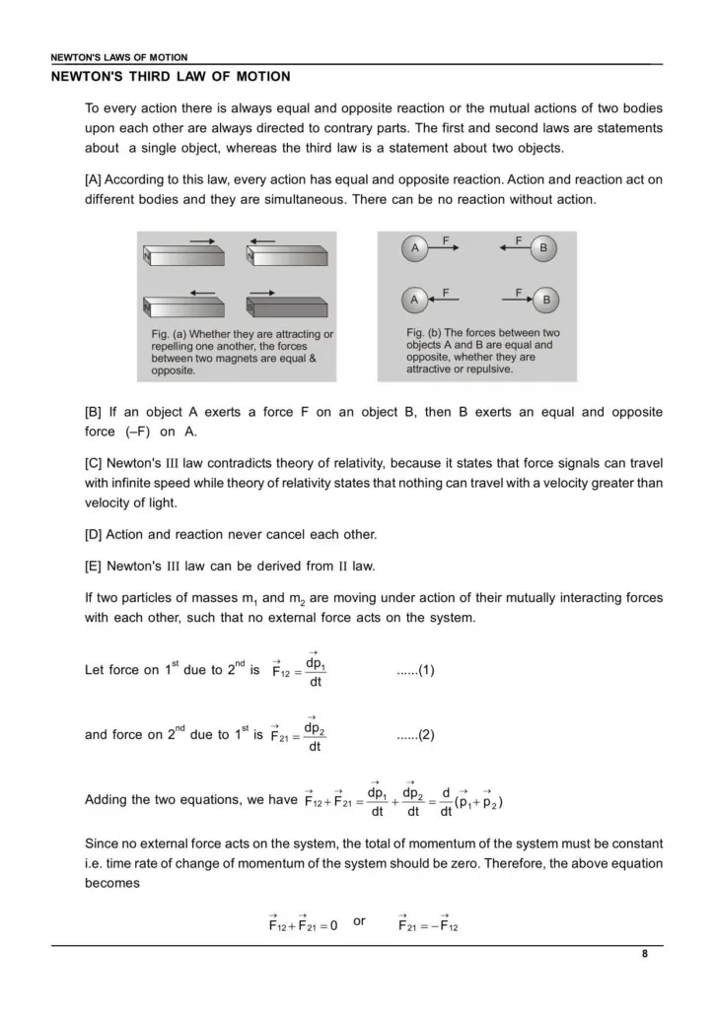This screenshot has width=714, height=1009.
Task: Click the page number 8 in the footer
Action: (x=644, y=953)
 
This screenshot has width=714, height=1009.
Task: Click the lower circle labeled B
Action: (x=546, y=299)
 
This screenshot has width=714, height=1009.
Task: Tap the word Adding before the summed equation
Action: (x=107, y=800)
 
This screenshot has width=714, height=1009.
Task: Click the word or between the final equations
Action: (x=359, y=920)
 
